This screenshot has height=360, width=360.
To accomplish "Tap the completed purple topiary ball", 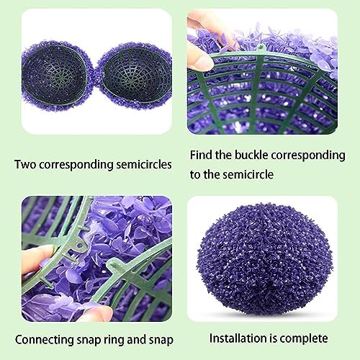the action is (264, 259).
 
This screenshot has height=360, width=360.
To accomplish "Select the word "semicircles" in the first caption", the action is (144, 165).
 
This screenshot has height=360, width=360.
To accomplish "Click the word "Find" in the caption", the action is (201, 155).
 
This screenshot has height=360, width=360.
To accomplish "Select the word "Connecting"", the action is (45, 341).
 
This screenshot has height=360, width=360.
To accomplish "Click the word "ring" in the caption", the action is (114, 341).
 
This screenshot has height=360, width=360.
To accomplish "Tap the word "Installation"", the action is (238, 338).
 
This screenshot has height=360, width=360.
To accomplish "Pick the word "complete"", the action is (304, 339).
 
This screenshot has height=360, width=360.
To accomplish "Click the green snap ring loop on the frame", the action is (81, 244).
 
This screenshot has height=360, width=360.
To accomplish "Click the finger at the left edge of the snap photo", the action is (36, 259).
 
